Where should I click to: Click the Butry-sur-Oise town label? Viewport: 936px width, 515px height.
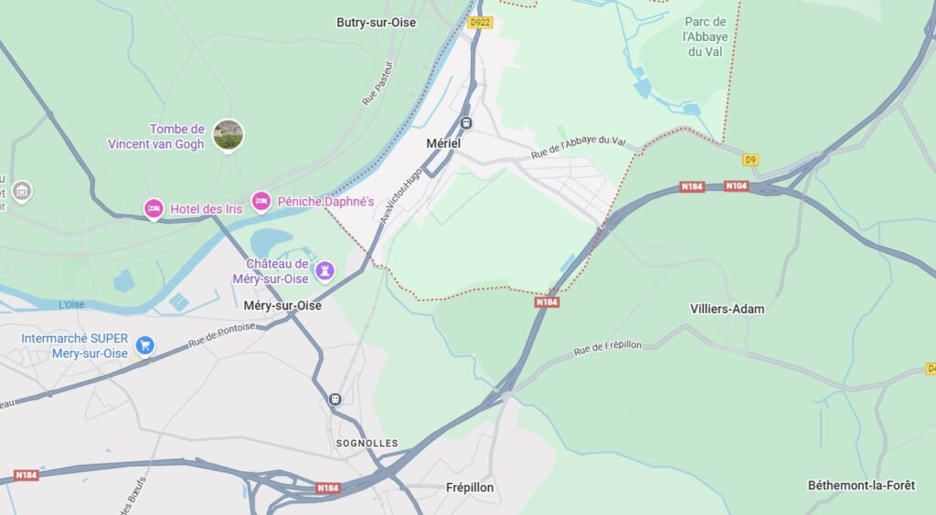[x=376, y=23]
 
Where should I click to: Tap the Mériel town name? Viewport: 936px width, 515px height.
[x=443, y=143]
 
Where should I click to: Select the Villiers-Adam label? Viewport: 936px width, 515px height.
[x=727, y=309]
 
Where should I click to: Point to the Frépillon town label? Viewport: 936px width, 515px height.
[x=470, y=488]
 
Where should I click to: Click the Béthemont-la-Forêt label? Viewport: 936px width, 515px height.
[x=861, y=485]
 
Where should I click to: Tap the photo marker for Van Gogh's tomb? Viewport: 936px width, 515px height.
[x=228, y=135]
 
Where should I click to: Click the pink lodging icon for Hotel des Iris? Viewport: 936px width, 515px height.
[x=154, y=209]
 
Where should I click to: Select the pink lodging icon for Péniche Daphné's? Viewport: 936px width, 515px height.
[x=261, y=201]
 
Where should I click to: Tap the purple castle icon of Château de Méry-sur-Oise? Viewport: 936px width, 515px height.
[x=324, y=270]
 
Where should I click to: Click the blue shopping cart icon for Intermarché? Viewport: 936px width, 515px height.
[x=144, y=345]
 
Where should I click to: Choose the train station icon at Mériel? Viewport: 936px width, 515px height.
[x=466, y=123]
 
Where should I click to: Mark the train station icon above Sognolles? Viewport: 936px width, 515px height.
[x=335, y=399]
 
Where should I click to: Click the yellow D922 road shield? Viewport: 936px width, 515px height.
[x=479, y=22]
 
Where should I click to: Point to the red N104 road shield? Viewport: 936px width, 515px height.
[x=737, y=186]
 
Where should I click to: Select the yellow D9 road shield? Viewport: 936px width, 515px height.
[x=750, y=160]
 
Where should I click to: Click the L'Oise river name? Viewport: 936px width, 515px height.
[x=71, y=304]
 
